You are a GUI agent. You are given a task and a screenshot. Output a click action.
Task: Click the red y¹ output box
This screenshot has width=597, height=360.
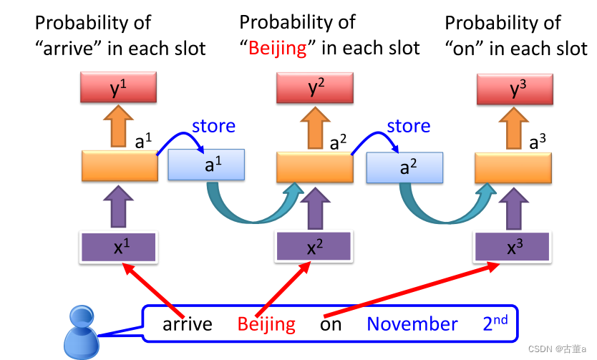(x=118, y=89)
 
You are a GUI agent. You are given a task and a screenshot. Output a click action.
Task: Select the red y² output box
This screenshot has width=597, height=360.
(x=315, y=89)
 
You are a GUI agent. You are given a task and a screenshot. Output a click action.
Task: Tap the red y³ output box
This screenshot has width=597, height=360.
(x=514, y=89)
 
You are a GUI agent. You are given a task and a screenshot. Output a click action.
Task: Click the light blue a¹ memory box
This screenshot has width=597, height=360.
(x=207, y=165)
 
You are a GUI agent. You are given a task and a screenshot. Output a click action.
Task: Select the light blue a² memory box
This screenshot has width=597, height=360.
(x=404, y=167)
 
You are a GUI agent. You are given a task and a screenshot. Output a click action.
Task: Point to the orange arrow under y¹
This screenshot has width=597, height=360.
(x=118, y=129)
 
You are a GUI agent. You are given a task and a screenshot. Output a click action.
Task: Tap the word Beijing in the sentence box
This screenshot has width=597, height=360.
(x=266, y=324)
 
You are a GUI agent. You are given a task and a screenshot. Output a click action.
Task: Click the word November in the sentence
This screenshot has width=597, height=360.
(x=412, y=324)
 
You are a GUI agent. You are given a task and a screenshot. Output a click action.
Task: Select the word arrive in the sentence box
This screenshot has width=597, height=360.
(x=188, y=324)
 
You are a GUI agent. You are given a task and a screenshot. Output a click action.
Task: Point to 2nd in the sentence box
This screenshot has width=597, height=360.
(x=495, y=323)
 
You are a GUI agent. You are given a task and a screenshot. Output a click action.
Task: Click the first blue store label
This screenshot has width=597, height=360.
(x=213, y=127)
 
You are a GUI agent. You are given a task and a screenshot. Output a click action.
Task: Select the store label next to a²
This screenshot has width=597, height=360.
(x=409, y=127)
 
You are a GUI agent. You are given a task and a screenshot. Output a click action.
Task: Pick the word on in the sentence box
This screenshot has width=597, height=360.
(x=331, y=324)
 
